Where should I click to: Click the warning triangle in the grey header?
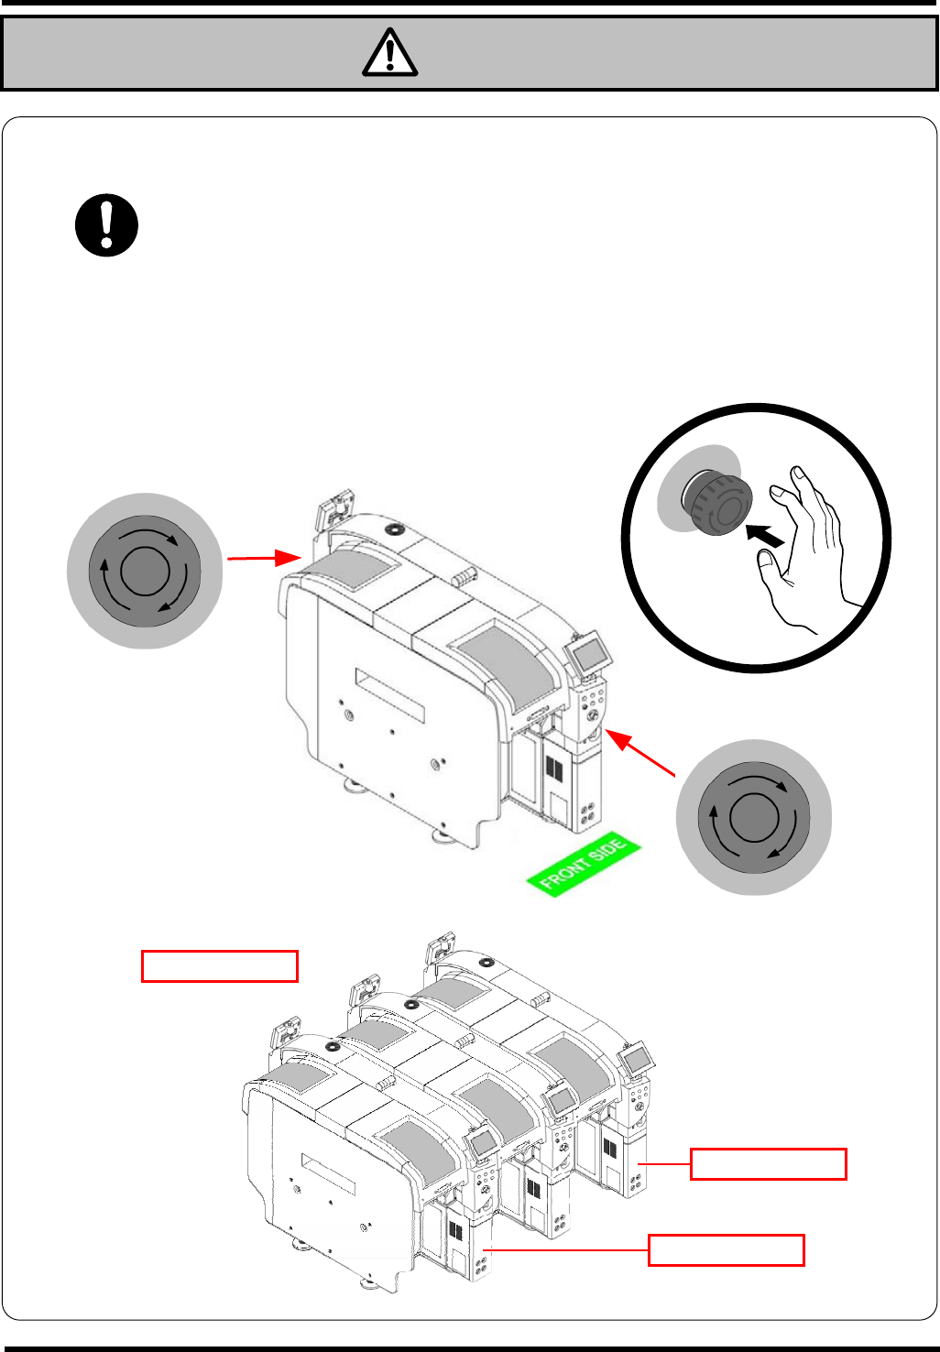(x=390, y=52)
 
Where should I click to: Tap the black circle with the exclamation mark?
(x=106, y=225)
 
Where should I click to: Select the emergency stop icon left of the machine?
(x=145, y=572)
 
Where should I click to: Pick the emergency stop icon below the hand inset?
(x=753, y=817)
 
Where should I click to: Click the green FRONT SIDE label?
(x=583, y=864)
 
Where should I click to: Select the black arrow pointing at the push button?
(x=766, y=537)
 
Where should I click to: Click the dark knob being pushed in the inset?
(x=718, y=502)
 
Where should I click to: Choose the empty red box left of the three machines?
(x=220, y=966)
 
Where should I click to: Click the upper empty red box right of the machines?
(x=768, y=1163)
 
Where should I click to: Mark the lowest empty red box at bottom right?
(x=726, y=1250)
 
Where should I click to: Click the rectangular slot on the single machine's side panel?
(x=390, y=693)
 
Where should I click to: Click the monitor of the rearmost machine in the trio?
(x=636, y=1061)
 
